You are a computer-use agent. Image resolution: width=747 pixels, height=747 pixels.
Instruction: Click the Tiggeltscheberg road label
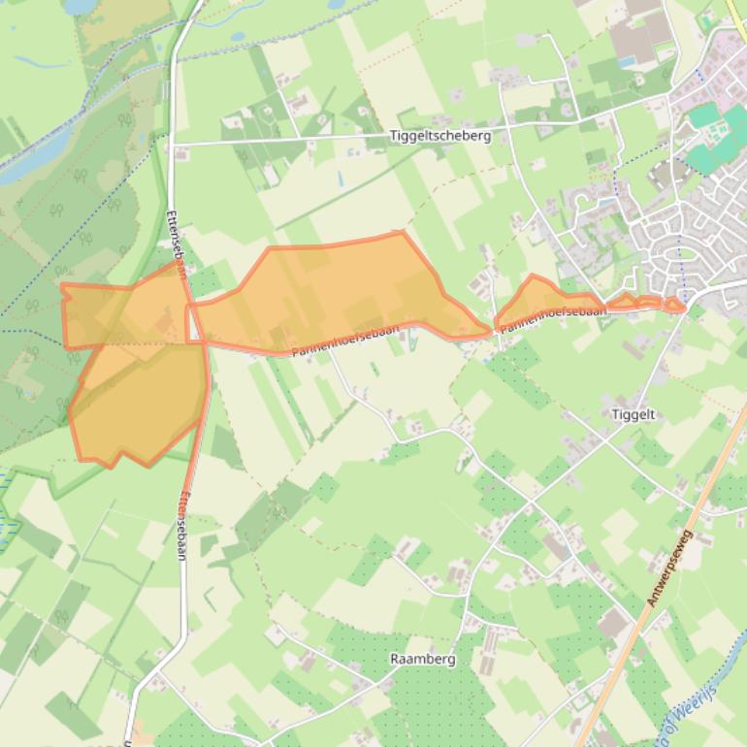click(x=439, y=136)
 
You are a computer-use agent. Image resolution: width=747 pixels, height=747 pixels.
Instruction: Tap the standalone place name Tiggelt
click(x=633, y=414)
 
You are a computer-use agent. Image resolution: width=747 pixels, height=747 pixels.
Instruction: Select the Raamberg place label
click(x=422, y=659)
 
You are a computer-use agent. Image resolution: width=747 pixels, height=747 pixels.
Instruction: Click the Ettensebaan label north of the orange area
click(x=178, y=238)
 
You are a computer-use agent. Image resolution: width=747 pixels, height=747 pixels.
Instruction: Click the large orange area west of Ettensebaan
click(x=136, y=378)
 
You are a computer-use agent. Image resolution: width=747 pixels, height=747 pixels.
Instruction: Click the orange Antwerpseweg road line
click(x=621, y=660)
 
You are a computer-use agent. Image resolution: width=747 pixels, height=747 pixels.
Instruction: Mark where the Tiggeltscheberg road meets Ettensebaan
click(x=175, y=145)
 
